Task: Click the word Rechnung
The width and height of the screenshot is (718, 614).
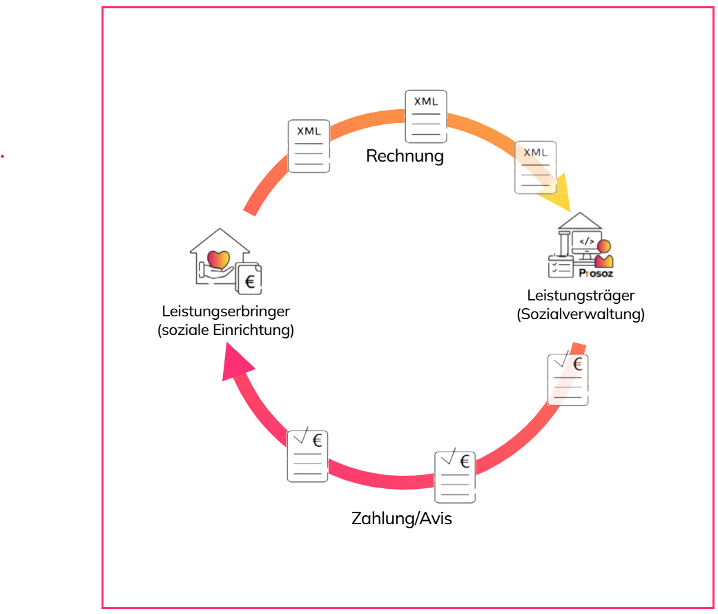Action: click(x=405, y=156)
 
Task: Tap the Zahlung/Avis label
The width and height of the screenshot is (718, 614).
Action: click(x=402, y=519)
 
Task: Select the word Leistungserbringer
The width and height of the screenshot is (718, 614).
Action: click(x=226, y=311)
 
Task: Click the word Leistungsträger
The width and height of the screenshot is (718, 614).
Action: click(x=581, y=296)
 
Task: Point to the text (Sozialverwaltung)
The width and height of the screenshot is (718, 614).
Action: click(x=581, y=314)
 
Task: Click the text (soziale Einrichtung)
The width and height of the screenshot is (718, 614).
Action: click(x=226, y=330)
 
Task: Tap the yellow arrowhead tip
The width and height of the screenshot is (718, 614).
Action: click(x=570, y=212)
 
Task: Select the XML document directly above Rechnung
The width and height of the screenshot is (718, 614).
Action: click(x=426, y=117)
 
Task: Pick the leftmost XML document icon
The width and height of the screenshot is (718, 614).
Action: click(x=309, y=146)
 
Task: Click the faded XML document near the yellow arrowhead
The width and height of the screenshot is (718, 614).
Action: click(x=535, y=167)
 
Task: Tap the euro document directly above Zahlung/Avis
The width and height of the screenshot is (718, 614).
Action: click(x=455, y=477)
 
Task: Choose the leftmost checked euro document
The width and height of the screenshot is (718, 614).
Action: click(x=307, y=456)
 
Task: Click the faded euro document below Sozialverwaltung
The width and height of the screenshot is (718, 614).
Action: click(x=567, y=379)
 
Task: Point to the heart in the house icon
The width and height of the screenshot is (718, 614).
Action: click(x=218, y=260)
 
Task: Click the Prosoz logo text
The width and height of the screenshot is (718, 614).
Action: click(x=596, y=274)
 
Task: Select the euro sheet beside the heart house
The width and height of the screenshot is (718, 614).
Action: click(x=249, y=278)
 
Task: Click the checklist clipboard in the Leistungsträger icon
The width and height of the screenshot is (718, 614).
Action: click(x=561, y=267)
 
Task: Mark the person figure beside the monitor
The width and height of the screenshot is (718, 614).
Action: click(x=604, y=253)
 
